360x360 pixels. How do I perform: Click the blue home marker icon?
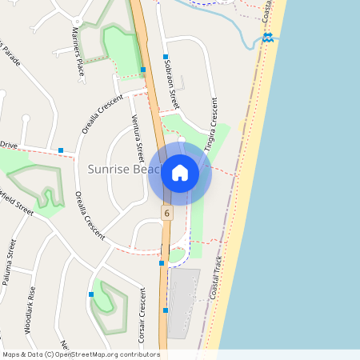180,172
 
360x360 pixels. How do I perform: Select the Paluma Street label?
10,267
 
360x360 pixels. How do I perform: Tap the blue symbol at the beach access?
267,37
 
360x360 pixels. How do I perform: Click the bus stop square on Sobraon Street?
165,57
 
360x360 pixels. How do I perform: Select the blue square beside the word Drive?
61,150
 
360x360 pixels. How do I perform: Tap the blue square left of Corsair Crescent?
91,294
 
